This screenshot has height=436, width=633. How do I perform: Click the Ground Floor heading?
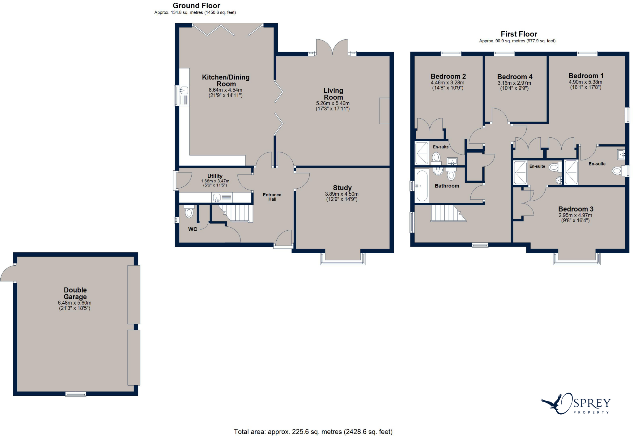pyautogui.click(x=196, y=6)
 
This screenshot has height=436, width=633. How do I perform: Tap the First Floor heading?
pyautogui.click(x=519, y=34)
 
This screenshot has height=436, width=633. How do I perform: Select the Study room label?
pyautogui.click(x=342, y=188)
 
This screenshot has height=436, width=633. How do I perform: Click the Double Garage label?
pyautogui.click(x=75, y=293)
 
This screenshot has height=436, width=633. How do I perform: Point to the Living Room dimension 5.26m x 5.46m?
pyautogui.click(x=333, y=103)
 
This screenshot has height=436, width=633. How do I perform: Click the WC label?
pyautogui.click(x=193, y=229)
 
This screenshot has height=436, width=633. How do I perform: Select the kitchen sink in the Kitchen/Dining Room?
pyautogui.click(x=184, y=91)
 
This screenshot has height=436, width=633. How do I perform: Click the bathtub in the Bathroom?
pyautogui.click(x=422, y=186)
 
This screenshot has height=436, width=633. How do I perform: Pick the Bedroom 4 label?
pyautogui.click(x=515, y=77)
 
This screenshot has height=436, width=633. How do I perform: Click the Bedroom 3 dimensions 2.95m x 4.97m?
pyautogui.click(x=575, y=215)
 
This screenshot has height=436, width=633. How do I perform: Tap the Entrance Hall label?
pyautogui.click(x=272, y=197)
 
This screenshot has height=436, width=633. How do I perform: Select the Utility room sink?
pyautogui.click(x=217, y=197)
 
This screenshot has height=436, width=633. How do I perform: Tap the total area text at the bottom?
pyautogui.click(x=313, y=432)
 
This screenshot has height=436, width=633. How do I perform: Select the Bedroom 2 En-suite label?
pyautogui.click(x=440, y=147)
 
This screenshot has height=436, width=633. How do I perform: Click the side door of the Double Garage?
pyautogui.click(x=8, y=274)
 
